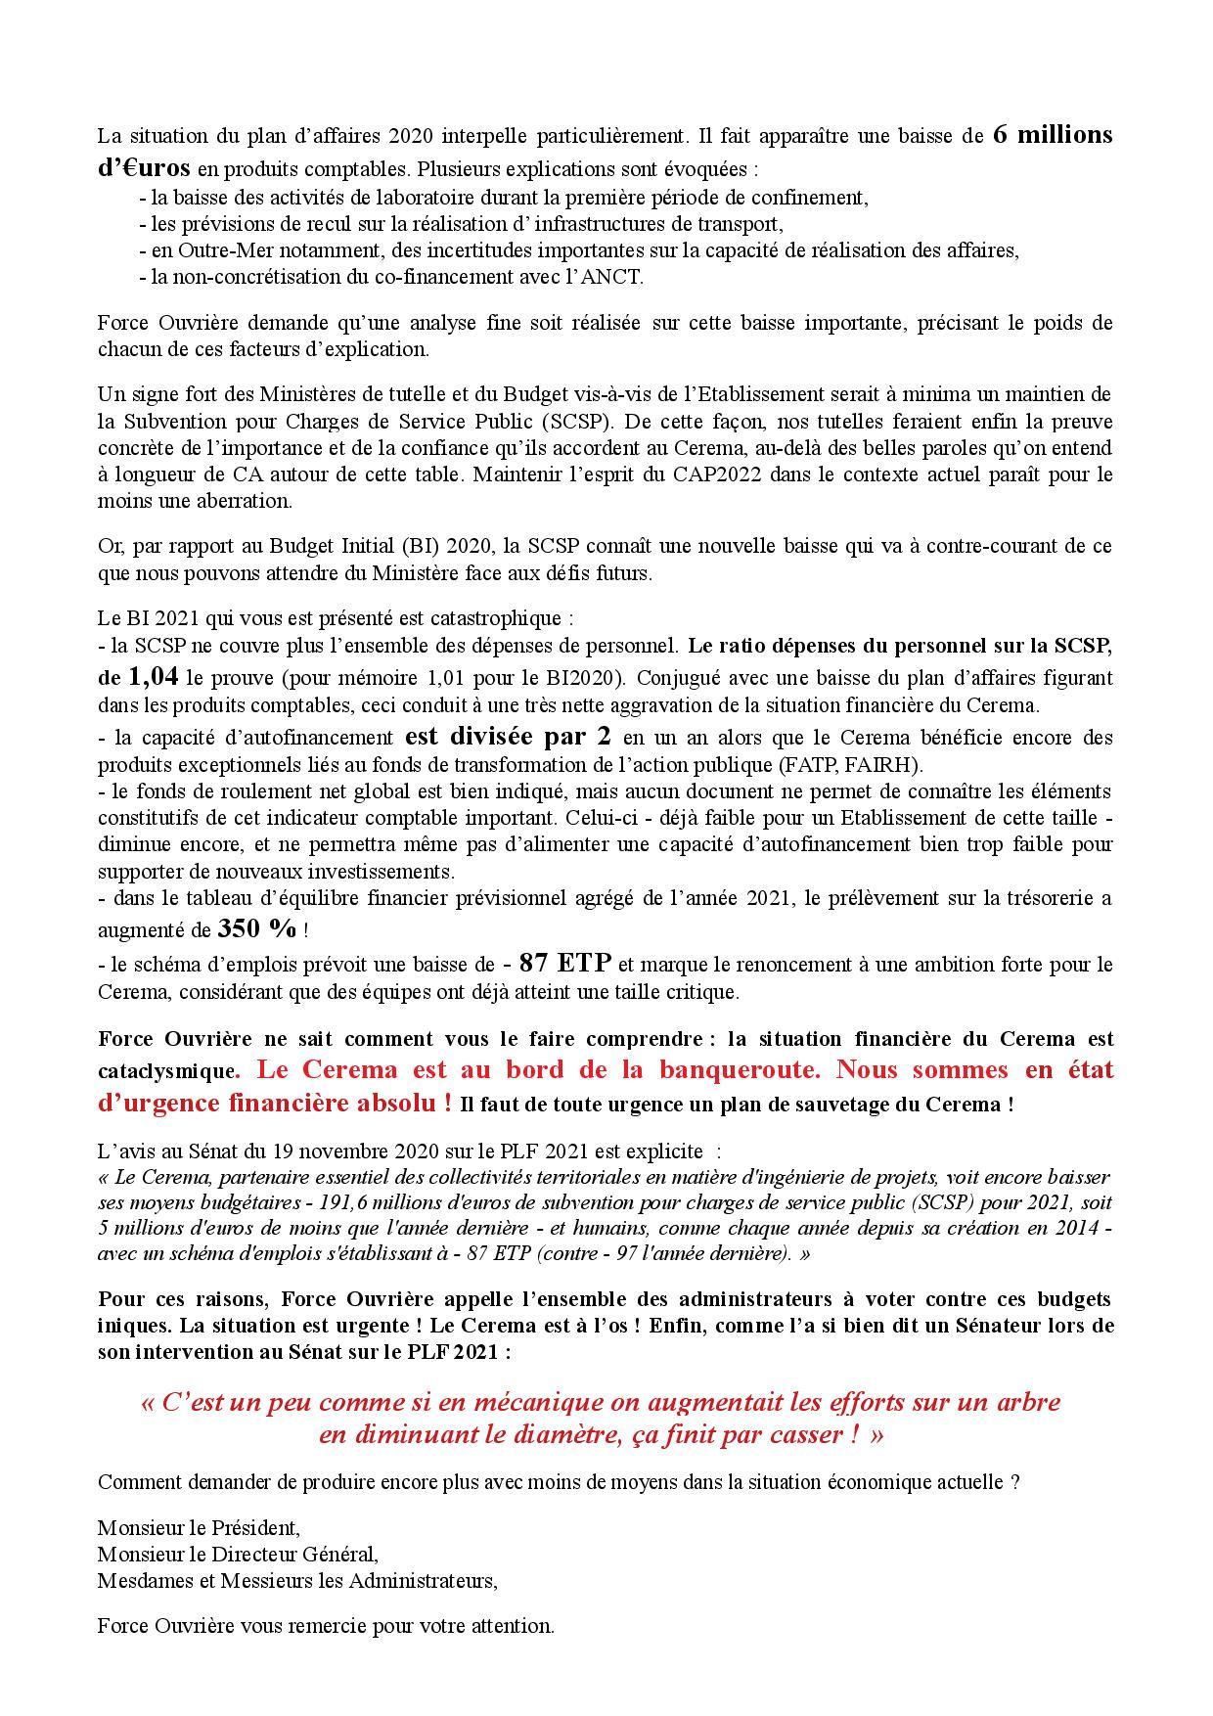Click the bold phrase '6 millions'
[1053, 135]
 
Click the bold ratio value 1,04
[152, 676]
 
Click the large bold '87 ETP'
[564, 963]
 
